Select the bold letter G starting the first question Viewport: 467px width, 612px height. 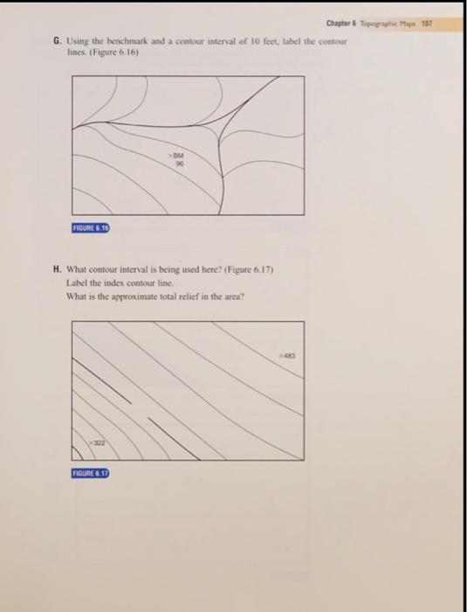tap(56, 40)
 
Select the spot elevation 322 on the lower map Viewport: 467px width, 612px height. tap(98, 444)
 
